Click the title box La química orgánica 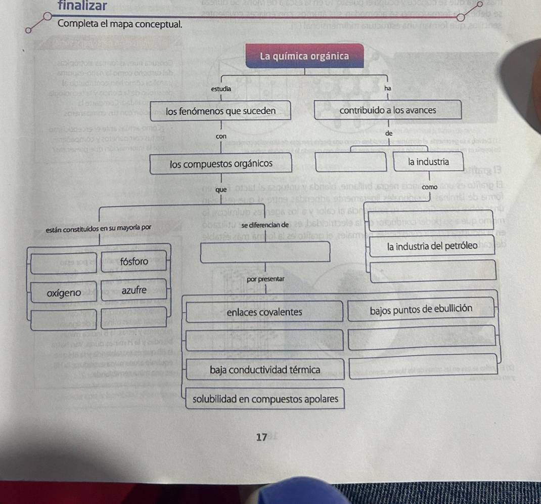[x=304, y=56]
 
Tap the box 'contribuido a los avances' [x=388, y=110]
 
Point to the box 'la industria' [x=428, y=162]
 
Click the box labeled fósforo [x=134, y=262]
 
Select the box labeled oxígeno [x=64, y=293]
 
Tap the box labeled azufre [x=134, y=290]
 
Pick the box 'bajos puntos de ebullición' [x=421, y=309]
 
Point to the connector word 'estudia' [x=221, y=89]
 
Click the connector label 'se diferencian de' [x=265, y=225]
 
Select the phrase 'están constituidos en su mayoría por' [x=99, y=228]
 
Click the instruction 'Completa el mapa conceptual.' [x=120, y=24]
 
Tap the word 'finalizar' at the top [x=82, y=6]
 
